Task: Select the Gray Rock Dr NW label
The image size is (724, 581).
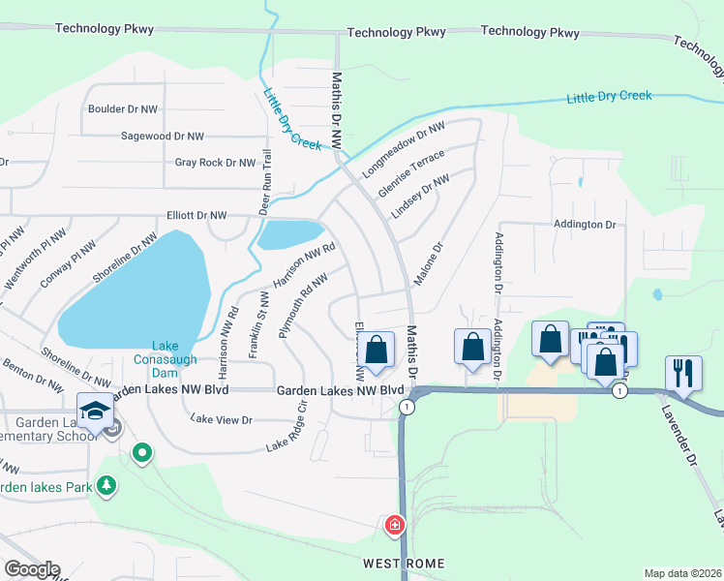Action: point(215,163)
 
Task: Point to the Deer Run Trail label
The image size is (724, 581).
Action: point(262,181)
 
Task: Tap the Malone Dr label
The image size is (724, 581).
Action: point(428,263)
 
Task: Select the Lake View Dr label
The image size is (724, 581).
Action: point(222,419)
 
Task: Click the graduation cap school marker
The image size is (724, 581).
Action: point(97,411)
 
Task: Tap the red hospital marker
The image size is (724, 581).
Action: point(395,526)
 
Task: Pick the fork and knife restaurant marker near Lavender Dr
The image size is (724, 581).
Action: point(683,372)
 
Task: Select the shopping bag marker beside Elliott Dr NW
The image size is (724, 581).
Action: point(378,350)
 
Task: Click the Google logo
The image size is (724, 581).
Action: point(32,569)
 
